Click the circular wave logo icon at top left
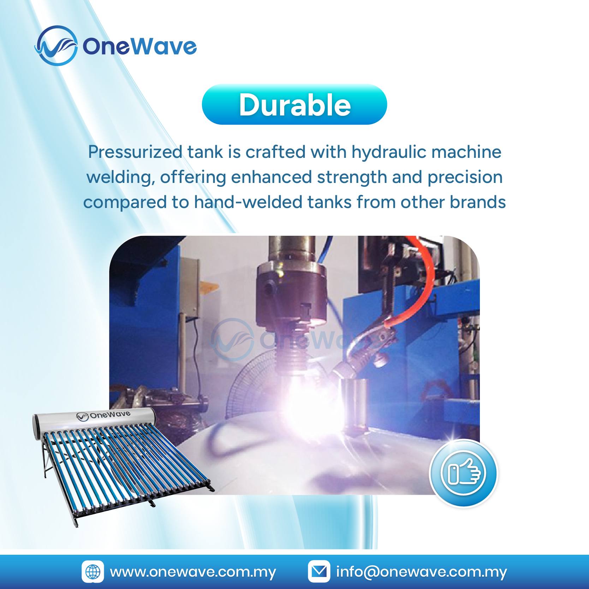point(56,46)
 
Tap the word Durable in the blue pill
point(294,105)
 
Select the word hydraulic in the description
point(388,152)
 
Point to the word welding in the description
point(120,178)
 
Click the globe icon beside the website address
point(93,571)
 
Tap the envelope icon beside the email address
point(319,571)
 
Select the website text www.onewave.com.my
point(193,572)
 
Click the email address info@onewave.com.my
point(422,572)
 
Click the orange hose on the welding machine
point(424,282)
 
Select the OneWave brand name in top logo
point(139,46)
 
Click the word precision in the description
point(465,178)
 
